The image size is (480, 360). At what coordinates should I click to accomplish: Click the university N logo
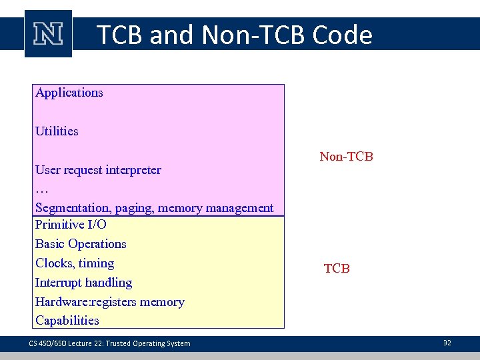click(48, 34)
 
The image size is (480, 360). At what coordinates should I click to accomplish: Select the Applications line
click(69, 93)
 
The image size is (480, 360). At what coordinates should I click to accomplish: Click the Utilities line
click(57, 131)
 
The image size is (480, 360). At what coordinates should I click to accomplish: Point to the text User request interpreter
click(98, 170)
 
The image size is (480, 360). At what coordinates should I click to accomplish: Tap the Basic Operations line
click(81, 244)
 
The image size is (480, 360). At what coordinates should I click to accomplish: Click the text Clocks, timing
click(75, 263)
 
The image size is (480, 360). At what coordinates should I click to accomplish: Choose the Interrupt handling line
click(83, 283)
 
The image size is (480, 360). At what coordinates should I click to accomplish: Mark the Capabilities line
click(67, 321)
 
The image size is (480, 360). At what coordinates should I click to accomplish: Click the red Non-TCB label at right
click(346, 157)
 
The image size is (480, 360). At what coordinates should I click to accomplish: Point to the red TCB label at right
click(337, 269)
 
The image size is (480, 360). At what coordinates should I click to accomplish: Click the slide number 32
click(447, 343)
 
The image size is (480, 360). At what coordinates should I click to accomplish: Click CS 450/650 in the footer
click(43, 343)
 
